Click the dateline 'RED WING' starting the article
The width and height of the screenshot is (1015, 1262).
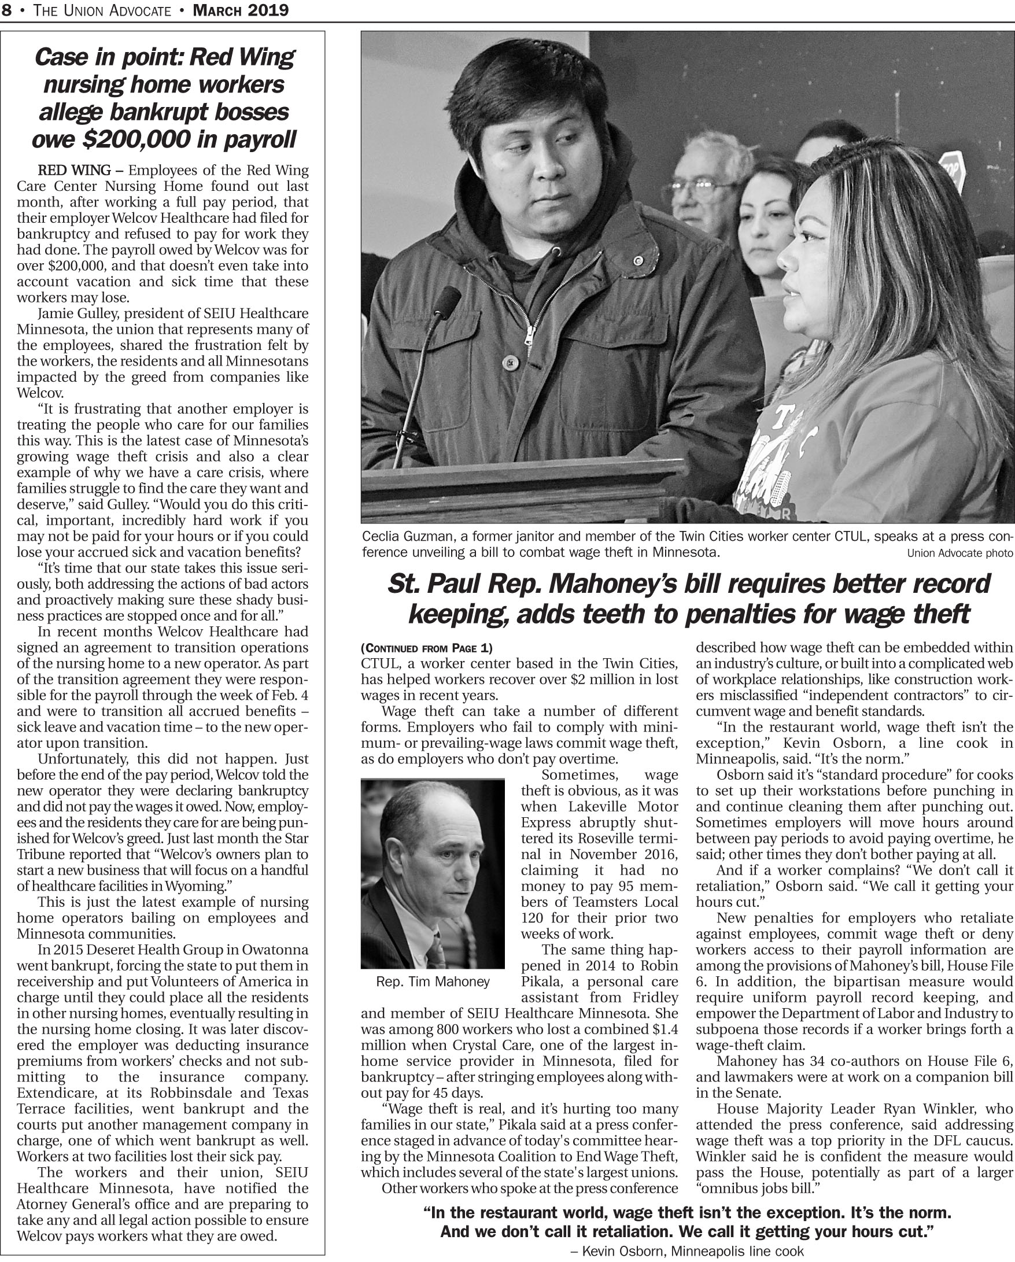(x=75, y=171)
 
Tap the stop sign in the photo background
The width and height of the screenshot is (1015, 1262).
(x=953, y=166)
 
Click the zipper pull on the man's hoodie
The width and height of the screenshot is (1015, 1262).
(x=530, y=334)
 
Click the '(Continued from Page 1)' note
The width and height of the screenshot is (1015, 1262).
(x=427, y=648)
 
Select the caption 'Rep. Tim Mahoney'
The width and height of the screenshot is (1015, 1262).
(x=433, y=981)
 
